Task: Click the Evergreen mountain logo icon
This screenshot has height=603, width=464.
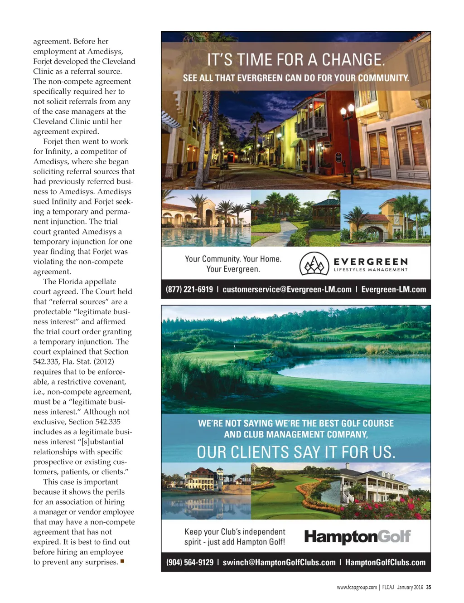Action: pyautogui.click(x=314, y=264)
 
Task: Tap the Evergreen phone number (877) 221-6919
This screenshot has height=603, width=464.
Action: pyautogui.click(x=189, y=289)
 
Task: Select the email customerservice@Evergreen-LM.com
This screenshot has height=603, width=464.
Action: pyautogui.click(x=287, y=289)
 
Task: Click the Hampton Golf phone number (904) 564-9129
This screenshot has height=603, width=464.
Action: pyautogui.click(x=190, y=562)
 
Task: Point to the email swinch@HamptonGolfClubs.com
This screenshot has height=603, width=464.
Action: pyautogui.click(x=279, y=562)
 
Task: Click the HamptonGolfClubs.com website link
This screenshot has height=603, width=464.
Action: pyautogui.click(x=385, y=562)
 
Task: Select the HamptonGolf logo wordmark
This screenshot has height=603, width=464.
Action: pyautogui.click(x=357, y=536)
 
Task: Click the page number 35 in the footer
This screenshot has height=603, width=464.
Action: pyautogui.click(x=429, y=587)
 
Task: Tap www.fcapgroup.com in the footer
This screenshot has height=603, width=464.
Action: pyautogui.click(x=357, y=587)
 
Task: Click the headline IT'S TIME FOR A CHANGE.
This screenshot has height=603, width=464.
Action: pyautogui.click(x=296, y=60)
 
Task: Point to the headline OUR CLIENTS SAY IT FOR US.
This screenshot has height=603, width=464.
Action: pyautogui.click(x=296, y=452)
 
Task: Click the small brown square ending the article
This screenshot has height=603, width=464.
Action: pyautogui.click(x=122, y=561)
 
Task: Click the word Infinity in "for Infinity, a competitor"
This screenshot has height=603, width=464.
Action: pyautogui.click(x=58, y=151)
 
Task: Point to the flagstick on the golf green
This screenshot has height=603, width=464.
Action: pyautogui.click(x=235, y=347)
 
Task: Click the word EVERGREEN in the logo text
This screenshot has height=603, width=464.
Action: pyautogui.click(x=371, y=262)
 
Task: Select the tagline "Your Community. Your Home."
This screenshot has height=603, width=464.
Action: pyautogui.click(x=233, y=259)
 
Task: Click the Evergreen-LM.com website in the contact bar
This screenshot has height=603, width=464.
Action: pyautogui.click(x=393, y=289)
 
